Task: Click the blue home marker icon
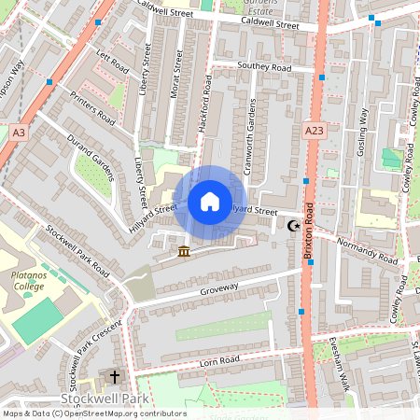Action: coord(210,202)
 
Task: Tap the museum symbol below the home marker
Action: coord(184,251)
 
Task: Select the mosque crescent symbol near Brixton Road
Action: coord(294,226)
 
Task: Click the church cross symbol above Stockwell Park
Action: coord(115,377)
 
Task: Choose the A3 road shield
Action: coord(19,133)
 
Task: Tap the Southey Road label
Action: coord(264,67)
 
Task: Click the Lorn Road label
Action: coord(218,360)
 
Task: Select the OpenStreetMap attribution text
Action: coord(93,413)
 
